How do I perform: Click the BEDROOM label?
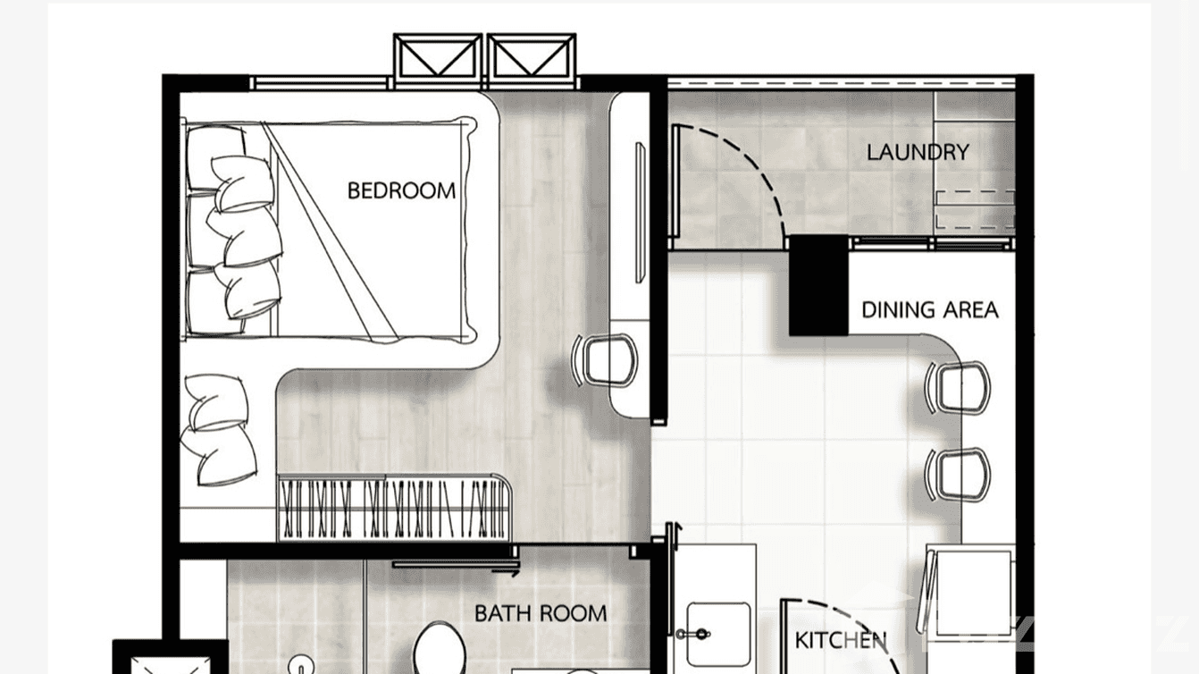click(x=401, y=190)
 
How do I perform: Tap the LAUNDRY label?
click(x=918, y=152)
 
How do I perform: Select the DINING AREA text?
click(x=929, y=310)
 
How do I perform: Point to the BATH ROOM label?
click(x=541, y=614)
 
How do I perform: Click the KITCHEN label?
click(x=840, y=640)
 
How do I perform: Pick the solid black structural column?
click(x=818, y=285)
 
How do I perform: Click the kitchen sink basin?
click(x=719, y=634)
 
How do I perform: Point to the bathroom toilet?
click(x=438, y=648)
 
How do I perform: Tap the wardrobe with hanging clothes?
click(x=393, y=509)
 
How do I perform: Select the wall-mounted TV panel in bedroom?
click(x=640, y=215)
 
